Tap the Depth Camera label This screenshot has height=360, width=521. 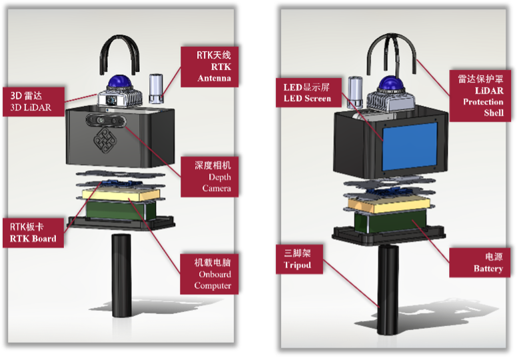[213, 176]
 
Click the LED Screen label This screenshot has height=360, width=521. [306, 93]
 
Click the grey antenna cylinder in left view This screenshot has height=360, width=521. [156, 89]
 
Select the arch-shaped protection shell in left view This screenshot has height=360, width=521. [121, 53]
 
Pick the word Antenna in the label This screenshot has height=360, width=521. [215, 79]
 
